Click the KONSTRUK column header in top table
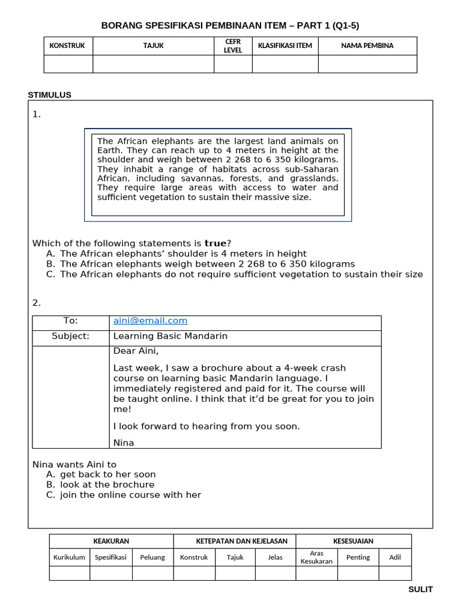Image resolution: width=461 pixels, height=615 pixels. pos(67,46)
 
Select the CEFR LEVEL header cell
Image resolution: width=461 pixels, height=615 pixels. pos(233,46)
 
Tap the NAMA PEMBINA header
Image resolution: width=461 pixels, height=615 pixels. pos(367,46)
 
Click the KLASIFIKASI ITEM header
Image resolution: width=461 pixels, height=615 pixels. pos(285,46)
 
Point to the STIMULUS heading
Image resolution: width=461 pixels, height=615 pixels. pos(50,95)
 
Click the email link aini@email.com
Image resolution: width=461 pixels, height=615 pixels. pos(150,321)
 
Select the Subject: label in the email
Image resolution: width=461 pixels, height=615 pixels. pos(71,336)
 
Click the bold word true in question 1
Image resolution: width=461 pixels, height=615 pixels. pos(215,243)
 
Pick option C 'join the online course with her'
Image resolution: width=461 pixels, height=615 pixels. pos(130,495)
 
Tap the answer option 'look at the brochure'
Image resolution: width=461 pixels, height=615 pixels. pos(107,485)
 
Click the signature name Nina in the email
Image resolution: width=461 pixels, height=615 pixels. pos(124,443)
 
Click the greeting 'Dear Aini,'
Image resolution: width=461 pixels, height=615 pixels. pos(136,351)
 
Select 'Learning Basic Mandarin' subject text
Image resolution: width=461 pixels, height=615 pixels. pos(170,336)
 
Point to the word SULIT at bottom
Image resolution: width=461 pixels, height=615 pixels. pos(420,590)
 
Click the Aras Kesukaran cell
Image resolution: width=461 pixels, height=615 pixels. pos(316,557)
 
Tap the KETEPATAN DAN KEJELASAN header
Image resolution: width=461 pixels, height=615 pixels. pos(234,541)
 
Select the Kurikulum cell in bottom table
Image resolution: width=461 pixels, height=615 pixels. pos(70,557)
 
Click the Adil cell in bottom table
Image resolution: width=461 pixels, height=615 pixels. pos(395,557)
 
